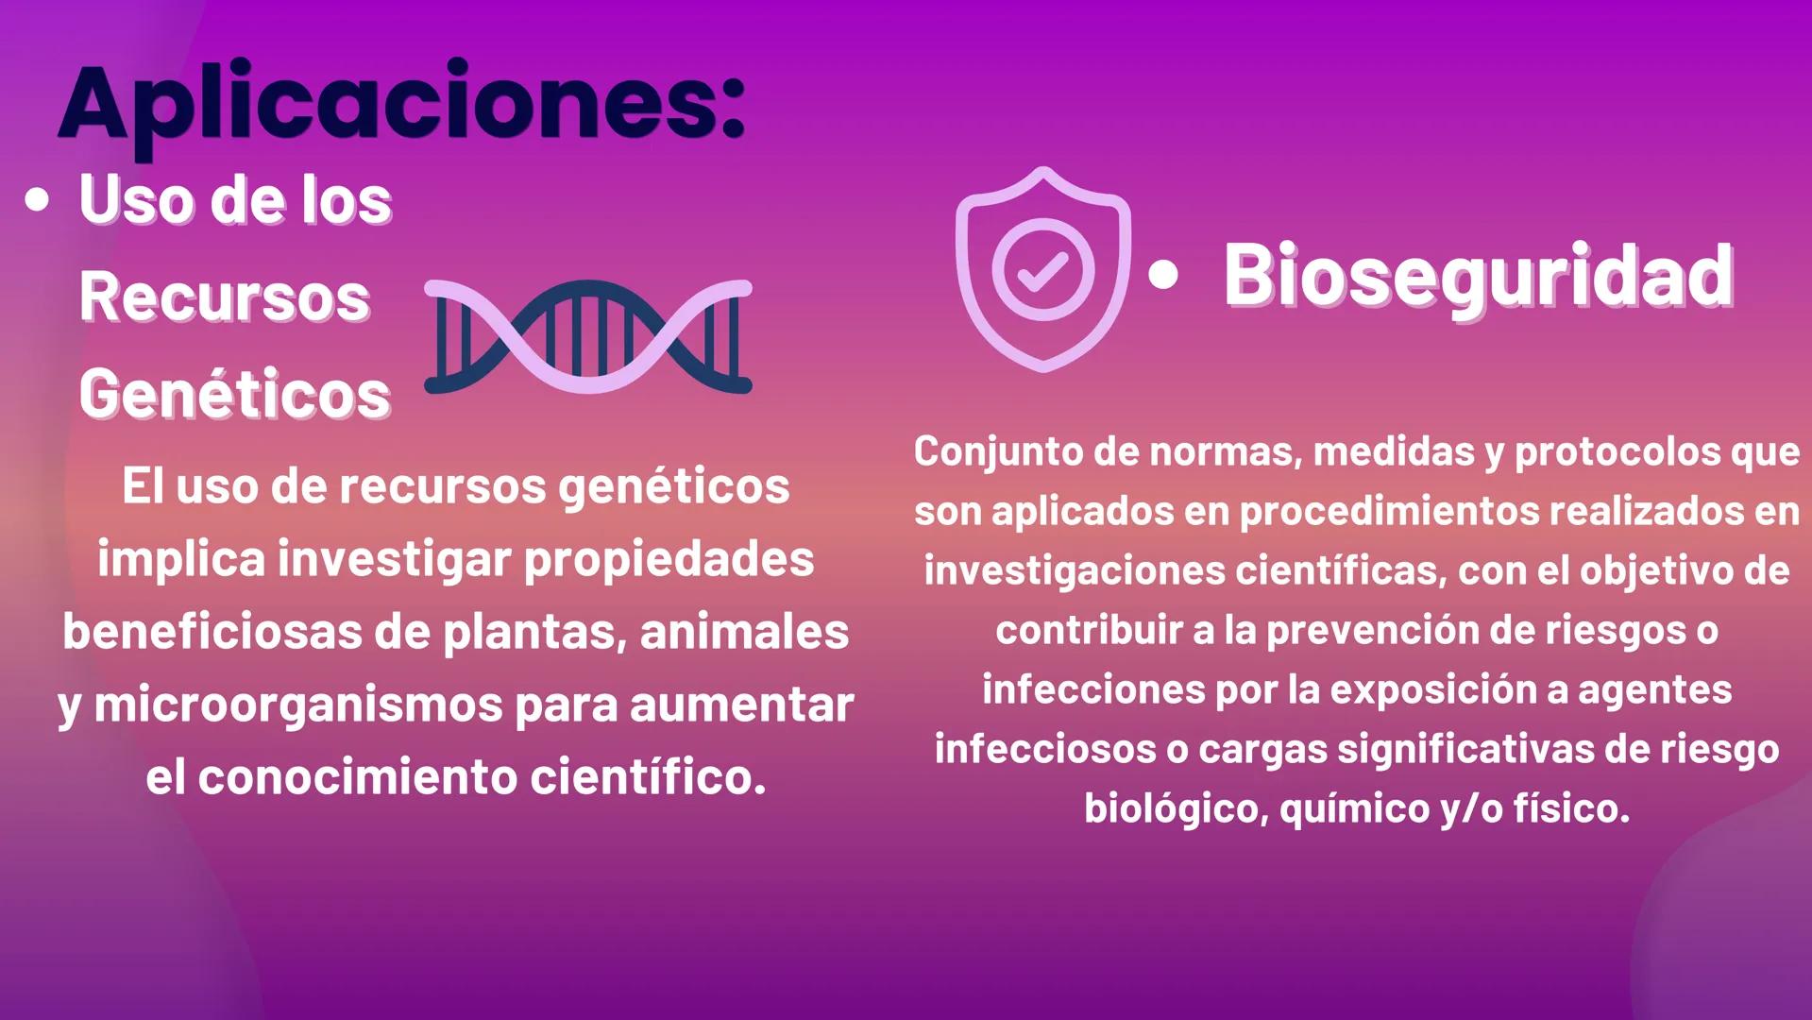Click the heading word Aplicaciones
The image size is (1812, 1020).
(401, 104)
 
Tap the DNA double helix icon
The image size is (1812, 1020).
(587, 336)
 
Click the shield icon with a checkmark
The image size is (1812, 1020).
(1042, 270)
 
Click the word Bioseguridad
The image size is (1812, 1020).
(1478, 276)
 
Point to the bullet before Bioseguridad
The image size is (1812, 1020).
(1164, 275)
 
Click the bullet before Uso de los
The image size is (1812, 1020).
(38, 200)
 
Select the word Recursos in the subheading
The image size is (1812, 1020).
(224, 297)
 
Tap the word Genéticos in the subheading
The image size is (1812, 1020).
(234, 395)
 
